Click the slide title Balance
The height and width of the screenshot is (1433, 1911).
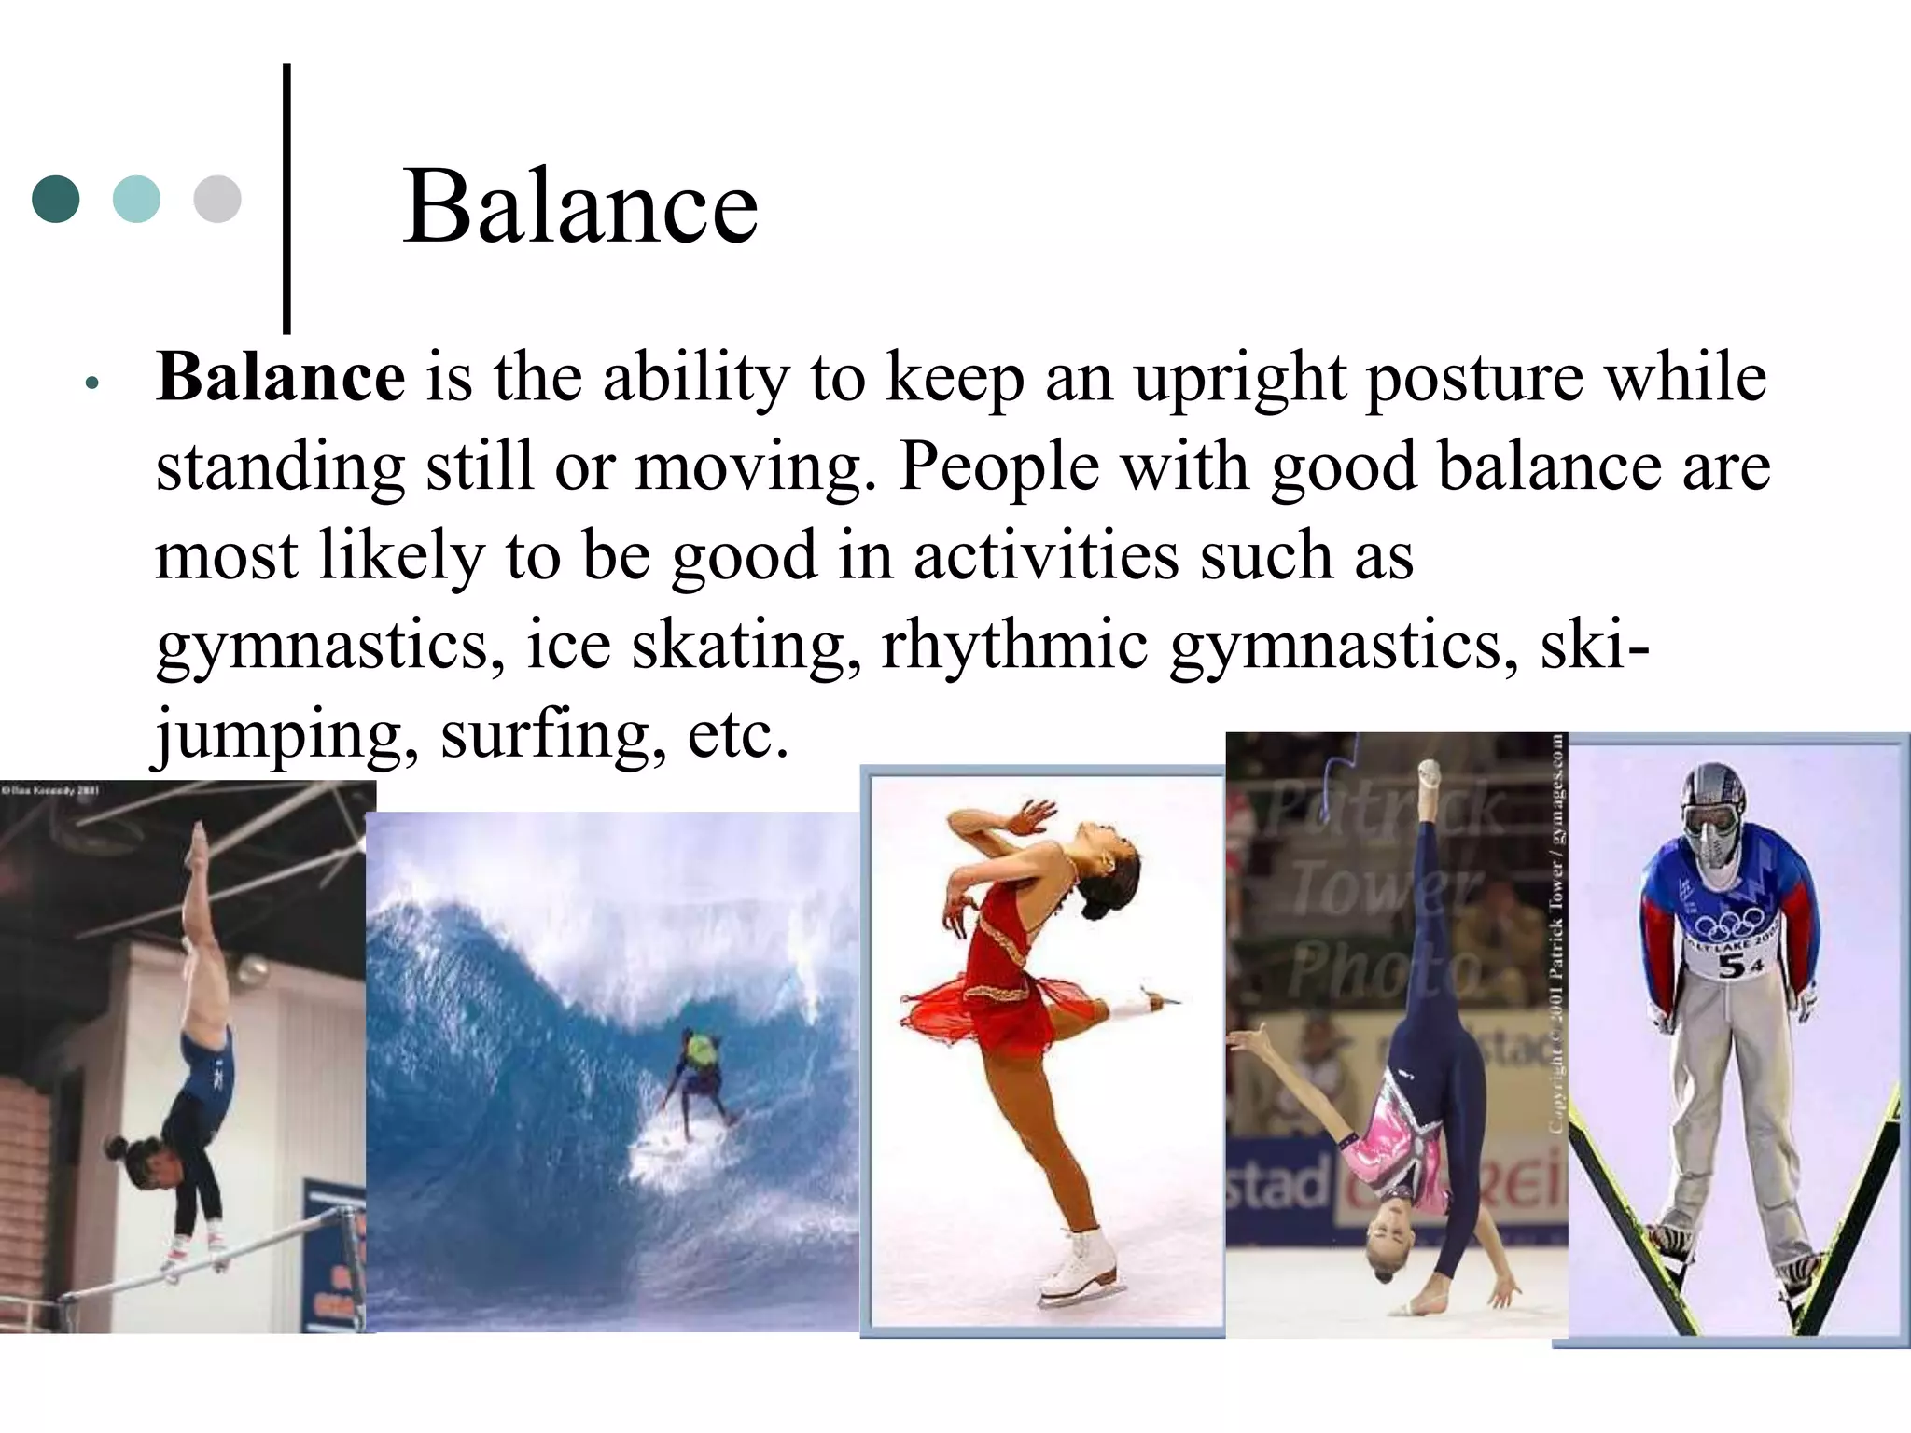[x=580, y=207]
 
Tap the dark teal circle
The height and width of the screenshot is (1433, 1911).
[x=55, y=199]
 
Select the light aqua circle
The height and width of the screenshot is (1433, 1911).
[x=136, y=199]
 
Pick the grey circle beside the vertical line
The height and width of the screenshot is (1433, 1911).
[x=217, y=199]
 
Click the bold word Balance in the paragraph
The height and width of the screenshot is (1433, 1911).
[x=281, y=377]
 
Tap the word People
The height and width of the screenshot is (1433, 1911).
[x=998, y=466]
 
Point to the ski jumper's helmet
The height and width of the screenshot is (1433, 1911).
[x=1712, y=793]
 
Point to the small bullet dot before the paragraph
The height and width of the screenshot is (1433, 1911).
[x=91, y=383]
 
